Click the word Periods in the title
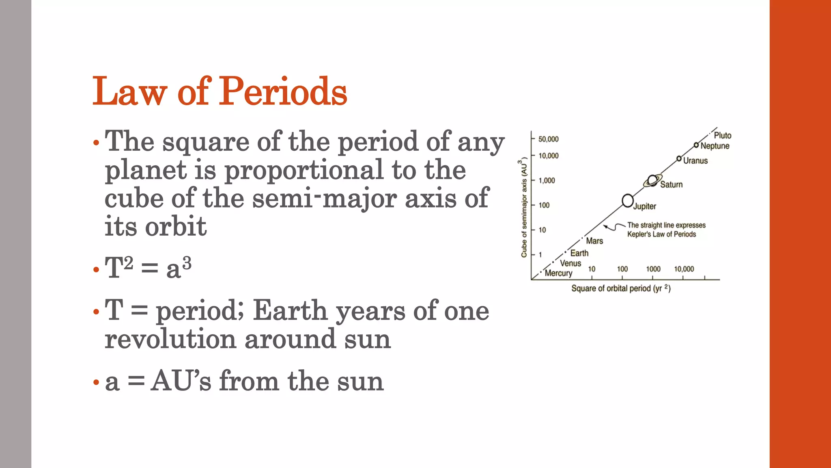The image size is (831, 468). coord(283,92)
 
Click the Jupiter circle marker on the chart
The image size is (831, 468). coord(628,200)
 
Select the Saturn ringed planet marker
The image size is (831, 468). coord(652,180)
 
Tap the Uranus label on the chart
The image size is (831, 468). coord(695,161)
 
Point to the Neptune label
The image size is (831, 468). coord(715,146)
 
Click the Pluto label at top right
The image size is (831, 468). coord(722,135)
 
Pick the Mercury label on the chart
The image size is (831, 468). coord(558,273)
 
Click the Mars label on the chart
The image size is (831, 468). coord(594,241)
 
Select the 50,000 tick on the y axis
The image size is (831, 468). coord(548,139)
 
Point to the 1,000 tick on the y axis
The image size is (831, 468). coord(547,180)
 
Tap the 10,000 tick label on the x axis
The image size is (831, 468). coord(684,269)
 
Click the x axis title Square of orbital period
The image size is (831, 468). coord(620,288)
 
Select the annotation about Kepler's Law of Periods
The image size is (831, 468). coord(665,230)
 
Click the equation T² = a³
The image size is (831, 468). coord(148,268)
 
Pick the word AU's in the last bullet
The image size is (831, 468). coord(181,381)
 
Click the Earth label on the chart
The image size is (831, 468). coord(579,253)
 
